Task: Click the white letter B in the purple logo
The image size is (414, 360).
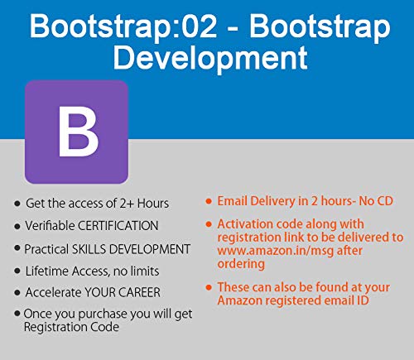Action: click(x=77, y=132)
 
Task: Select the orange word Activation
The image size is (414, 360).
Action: click(x=248, y=223)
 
